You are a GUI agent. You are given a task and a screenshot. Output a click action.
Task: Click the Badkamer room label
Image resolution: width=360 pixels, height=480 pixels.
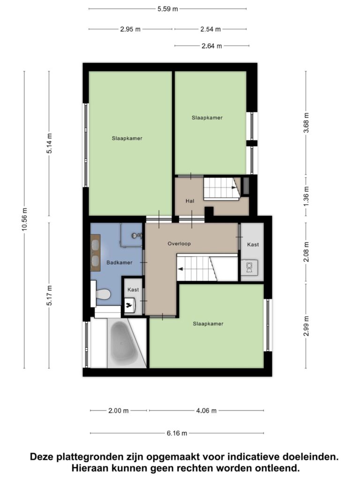[120, 262]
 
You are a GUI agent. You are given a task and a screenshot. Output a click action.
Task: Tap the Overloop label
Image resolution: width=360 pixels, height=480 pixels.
[179, 244]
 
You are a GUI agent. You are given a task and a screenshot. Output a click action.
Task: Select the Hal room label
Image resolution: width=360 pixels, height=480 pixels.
[190, 201]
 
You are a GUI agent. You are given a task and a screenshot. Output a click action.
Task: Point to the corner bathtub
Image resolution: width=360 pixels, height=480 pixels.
[124, 339]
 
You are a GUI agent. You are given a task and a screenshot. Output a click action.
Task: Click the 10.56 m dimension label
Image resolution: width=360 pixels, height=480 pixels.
[25, 219]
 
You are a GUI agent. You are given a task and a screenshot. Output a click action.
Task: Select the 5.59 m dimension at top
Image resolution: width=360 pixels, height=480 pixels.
[167, 9]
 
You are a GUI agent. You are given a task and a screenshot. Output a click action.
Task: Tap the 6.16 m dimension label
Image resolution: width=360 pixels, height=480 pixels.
[177, 433]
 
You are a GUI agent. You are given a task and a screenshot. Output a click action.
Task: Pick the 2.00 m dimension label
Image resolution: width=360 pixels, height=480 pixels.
[119, 411]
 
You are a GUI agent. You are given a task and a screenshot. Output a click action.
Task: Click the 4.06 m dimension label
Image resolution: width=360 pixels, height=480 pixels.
[206, 411]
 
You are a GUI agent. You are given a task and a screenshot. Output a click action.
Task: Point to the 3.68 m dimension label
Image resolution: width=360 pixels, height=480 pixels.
[306, 123]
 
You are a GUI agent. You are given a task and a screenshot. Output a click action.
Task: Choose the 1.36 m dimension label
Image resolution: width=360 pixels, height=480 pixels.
[306, 195]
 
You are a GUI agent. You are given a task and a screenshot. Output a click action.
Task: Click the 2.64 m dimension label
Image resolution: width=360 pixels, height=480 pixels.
[211, 46]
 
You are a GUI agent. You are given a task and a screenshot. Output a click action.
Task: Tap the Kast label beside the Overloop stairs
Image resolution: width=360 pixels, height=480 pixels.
[253, 245]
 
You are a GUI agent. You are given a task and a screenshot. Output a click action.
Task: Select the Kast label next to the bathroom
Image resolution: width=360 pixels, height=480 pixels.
[133, 290]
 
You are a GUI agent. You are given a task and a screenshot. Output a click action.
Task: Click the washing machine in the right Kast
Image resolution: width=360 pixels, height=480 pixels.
[249, 267]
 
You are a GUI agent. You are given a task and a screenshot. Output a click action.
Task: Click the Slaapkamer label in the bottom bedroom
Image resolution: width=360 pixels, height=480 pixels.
[208, 323]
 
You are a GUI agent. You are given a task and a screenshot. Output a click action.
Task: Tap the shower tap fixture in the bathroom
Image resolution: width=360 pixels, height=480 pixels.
[136, 236]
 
